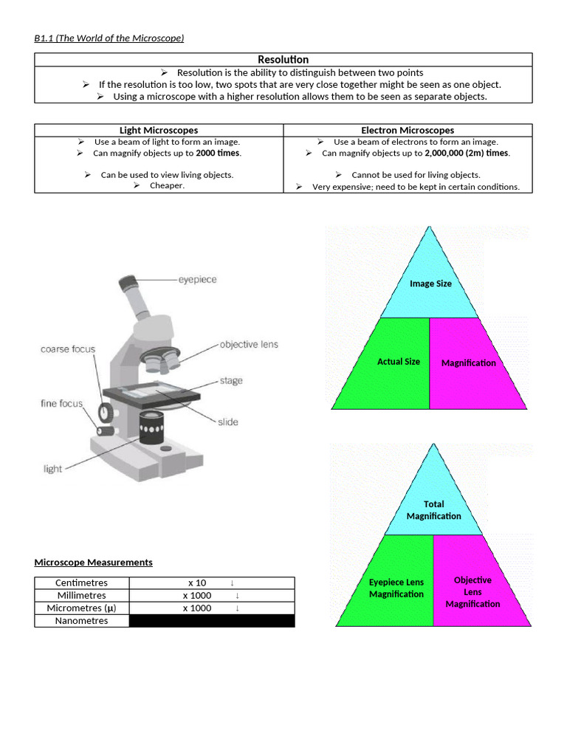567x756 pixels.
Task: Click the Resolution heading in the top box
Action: point(283,59)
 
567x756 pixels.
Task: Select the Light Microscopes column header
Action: point(159,130)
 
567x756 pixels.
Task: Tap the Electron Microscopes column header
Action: point(408,130)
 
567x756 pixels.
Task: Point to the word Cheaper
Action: point(167,186)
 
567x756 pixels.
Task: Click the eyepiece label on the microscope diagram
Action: point(197,280)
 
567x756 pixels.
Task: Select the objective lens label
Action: point(249,345)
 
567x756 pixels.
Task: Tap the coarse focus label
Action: point(68,349)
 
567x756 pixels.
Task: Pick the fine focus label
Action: point(62,403)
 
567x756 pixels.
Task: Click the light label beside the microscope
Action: point(53,469)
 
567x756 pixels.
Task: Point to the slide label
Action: point(228,422)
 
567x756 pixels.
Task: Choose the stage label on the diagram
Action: point(230,381)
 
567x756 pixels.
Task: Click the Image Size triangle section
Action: point(430,283)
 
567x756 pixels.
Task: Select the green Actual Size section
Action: point(399,362)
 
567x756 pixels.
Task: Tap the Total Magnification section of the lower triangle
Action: point(434,510)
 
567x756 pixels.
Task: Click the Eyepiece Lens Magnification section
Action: point(396,588)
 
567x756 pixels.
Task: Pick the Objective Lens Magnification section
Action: point(472,591)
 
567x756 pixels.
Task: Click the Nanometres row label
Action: point(81,621)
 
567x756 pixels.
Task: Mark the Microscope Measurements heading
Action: point(94,563)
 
